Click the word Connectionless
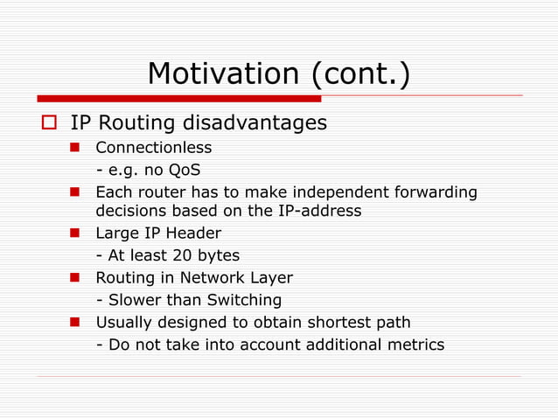click(153, 148)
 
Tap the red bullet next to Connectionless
click(75, 148)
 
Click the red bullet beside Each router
click(75, 192)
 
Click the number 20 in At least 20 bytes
click(186, 255)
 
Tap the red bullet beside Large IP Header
click(75, 233)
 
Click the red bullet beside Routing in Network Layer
click(75, 278)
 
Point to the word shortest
click(337, 322)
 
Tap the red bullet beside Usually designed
click(75, 322)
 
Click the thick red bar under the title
click(166, 99)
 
